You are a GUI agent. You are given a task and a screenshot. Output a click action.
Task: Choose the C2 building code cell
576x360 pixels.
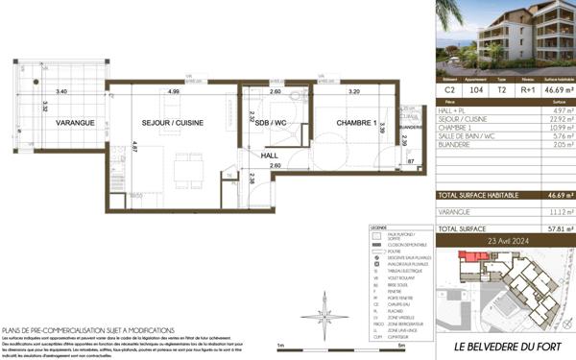pos(449,85)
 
